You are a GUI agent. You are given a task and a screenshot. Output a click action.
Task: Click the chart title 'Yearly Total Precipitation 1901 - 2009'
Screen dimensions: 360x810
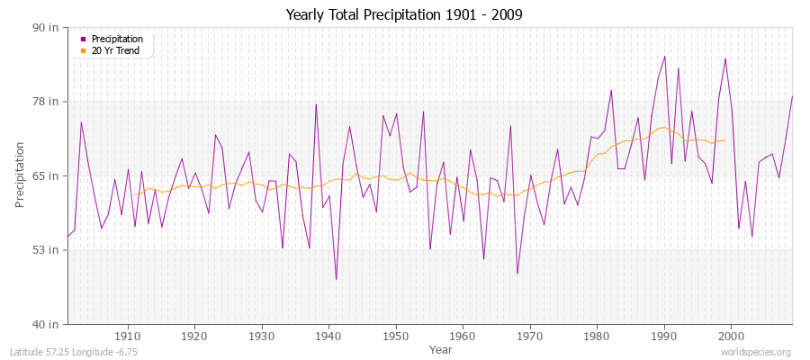point(404,14)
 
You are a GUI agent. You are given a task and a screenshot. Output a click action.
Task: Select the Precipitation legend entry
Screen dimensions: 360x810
point(117,40)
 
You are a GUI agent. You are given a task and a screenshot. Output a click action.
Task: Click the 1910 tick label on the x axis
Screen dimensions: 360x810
point(128,336)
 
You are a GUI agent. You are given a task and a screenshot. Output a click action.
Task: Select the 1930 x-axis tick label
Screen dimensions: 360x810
point(262,336)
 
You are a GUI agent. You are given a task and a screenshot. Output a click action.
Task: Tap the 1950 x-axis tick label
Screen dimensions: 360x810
point(396,336)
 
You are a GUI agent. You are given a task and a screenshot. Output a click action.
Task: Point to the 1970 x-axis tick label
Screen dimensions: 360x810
point(530,336)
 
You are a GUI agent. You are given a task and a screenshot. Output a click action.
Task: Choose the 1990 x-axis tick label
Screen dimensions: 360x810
point(664,336)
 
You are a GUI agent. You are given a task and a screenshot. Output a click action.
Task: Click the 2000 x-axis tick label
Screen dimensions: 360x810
point(731,336)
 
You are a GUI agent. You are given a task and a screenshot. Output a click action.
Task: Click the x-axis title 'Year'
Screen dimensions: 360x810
point(441,348)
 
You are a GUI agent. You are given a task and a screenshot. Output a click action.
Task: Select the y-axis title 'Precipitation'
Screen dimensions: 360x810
point(21,175)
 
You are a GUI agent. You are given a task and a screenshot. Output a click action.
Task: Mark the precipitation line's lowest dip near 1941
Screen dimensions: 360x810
point(336,279)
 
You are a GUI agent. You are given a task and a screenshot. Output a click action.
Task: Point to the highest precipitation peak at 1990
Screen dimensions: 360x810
point(664,56)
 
